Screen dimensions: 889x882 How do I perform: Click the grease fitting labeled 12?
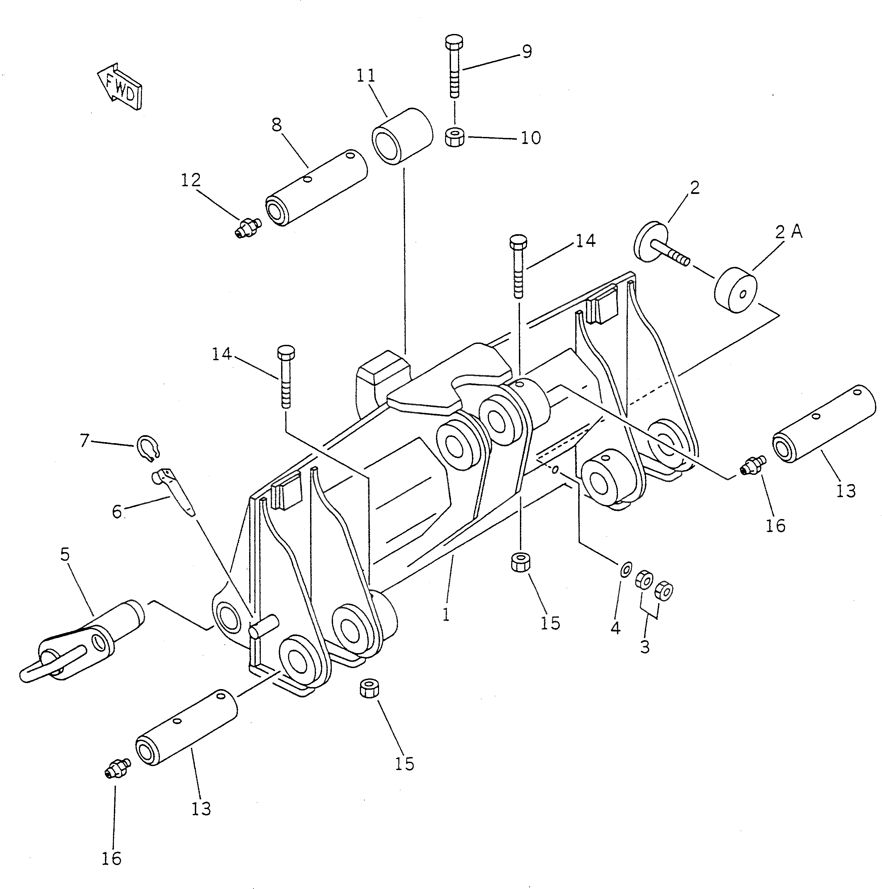246,227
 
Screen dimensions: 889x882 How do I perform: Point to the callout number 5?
65,554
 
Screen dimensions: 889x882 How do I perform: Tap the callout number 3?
645,646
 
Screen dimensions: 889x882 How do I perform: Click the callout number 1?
446,615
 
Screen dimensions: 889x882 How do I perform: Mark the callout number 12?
191,180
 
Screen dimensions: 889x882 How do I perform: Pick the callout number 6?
117,511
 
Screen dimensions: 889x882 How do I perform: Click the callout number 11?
366,75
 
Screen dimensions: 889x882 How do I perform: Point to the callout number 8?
277,125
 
